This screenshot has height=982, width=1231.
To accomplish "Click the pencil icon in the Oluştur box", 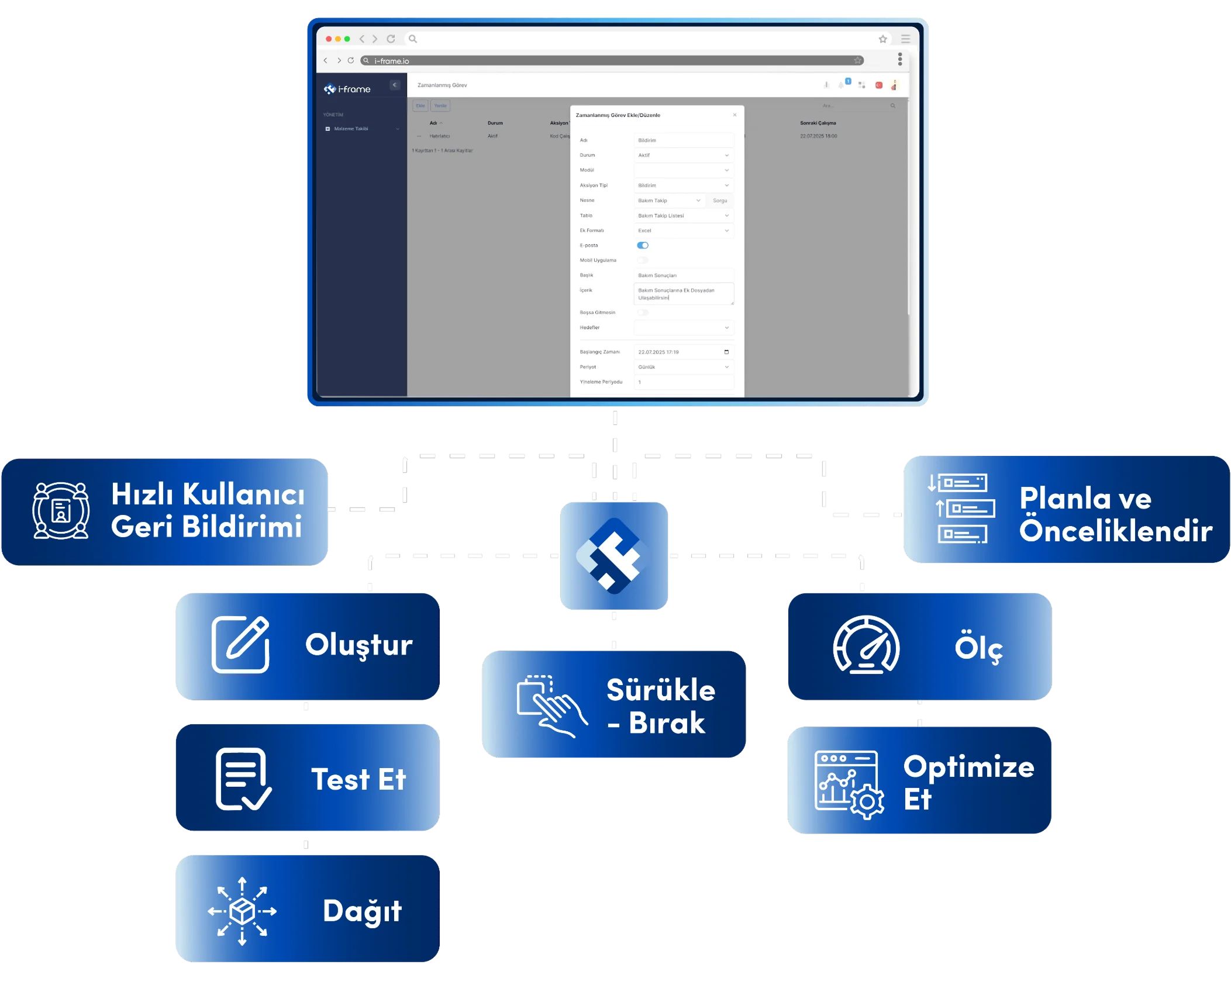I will coord(240,644).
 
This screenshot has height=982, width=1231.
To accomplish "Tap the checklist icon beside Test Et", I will coord(243,779).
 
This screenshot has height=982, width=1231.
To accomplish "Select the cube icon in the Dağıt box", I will coord(242,911).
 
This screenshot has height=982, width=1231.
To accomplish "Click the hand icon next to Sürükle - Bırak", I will coord(551,706).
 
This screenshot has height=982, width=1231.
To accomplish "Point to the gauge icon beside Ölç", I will coord(866,645).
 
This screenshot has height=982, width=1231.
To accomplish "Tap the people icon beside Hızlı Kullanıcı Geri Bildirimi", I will coord(61,510).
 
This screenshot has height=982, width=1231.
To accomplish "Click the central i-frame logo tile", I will coord(614,556).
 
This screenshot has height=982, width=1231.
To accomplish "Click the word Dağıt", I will coord(363,911).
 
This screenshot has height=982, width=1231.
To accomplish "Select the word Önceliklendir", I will coord(1116,531).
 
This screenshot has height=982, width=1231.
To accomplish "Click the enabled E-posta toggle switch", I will coord(643,245).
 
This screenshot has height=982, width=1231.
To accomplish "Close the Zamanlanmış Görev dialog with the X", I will coord(735,115).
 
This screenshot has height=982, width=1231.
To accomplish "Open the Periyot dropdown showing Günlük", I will coord(683,367).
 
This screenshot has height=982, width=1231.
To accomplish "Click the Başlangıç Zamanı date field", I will coord(683,352).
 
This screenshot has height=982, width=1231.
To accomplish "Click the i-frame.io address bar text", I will coord(392,61).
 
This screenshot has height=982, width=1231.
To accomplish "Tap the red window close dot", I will coord(329,39).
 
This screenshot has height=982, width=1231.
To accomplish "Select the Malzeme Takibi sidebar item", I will coord(351,129).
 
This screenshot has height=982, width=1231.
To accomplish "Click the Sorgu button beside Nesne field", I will coord(720,200).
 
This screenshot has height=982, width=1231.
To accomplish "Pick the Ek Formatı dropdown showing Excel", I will coord(683,230).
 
